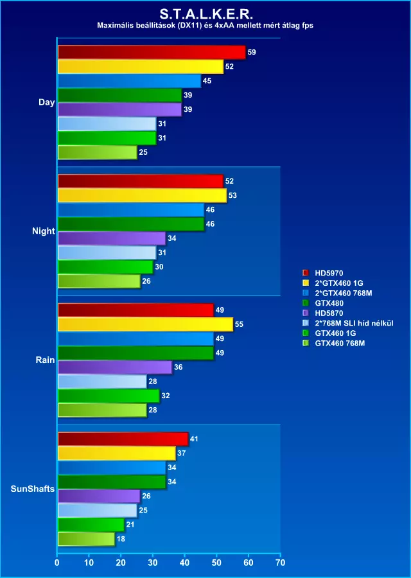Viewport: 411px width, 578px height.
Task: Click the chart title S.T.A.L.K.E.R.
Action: pos(205,12)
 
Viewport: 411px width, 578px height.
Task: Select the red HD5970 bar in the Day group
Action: pos(152,52)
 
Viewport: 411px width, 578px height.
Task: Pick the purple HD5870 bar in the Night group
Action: pos(112,238)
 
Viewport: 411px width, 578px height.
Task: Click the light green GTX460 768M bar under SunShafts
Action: pos(86,539)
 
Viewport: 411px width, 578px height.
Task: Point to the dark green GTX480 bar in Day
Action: pos(119,95)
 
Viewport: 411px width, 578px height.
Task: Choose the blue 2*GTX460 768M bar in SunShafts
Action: pos(112,468)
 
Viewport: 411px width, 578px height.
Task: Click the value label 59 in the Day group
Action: pos(252,52)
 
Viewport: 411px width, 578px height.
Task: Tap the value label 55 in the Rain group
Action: pos(239,324)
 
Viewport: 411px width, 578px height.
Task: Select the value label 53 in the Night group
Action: pos(232,195)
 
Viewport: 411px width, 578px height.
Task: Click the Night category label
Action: pos(44,231)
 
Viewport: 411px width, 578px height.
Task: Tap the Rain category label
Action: pos(46,360)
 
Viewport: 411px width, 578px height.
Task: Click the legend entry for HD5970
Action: pos(328,273)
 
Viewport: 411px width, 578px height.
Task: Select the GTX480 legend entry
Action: pos(328,303)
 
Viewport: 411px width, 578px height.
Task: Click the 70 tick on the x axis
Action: pos(279,563)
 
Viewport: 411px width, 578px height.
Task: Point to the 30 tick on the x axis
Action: pos(153,563)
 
